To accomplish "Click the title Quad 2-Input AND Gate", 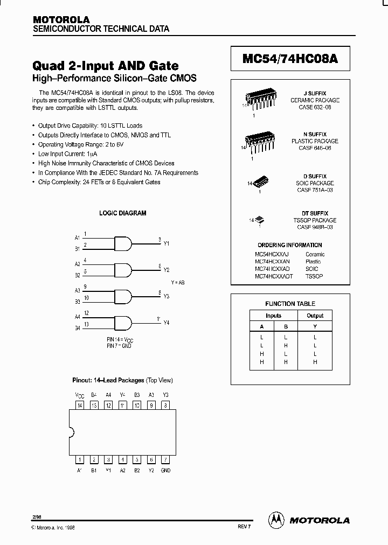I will point(106,66).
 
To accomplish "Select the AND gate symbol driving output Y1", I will point(123,243).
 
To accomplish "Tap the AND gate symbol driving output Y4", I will point(123,322).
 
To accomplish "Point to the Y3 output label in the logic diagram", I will point(166,297).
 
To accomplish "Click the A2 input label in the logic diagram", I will point(77,264).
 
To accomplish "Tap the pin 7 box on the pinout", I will point(165,459).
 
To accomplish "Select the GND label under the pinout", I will point(165,470).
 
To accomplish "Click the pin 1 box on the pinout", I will point(80,459).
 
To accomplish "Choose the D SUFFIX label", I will point(315,177).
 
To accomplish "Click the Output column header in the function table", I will point(315,316).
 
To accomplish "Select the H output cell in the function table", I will point(315,362).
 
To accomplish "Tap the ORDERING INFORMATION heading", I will point(289,245).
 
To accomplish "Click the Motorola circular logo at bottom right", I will point(276,520).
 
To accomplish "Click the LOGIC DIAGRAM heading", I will point(123,213).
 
